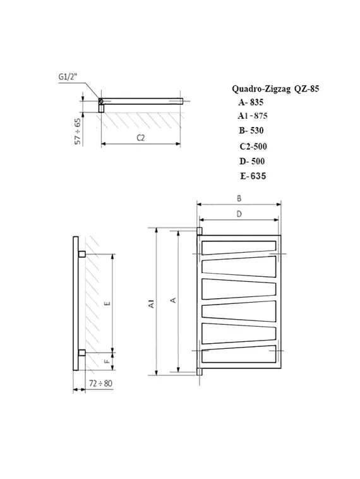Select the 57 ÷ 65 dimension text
78,131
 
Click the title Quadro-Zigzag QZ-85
272,89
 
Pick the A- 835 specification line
250,102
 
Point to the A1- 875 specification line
253,116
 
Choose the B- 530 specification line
251,131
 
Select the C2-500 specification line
253,146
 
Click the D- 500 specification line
251,161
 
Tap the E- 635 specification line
253,176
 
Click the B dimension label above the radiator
239,198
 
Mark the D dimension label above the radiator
239,215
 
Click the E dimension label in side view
108,303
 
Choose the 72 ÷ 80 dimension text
100,384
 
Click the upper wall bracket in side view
82,253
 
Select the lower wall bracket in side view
82,352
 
